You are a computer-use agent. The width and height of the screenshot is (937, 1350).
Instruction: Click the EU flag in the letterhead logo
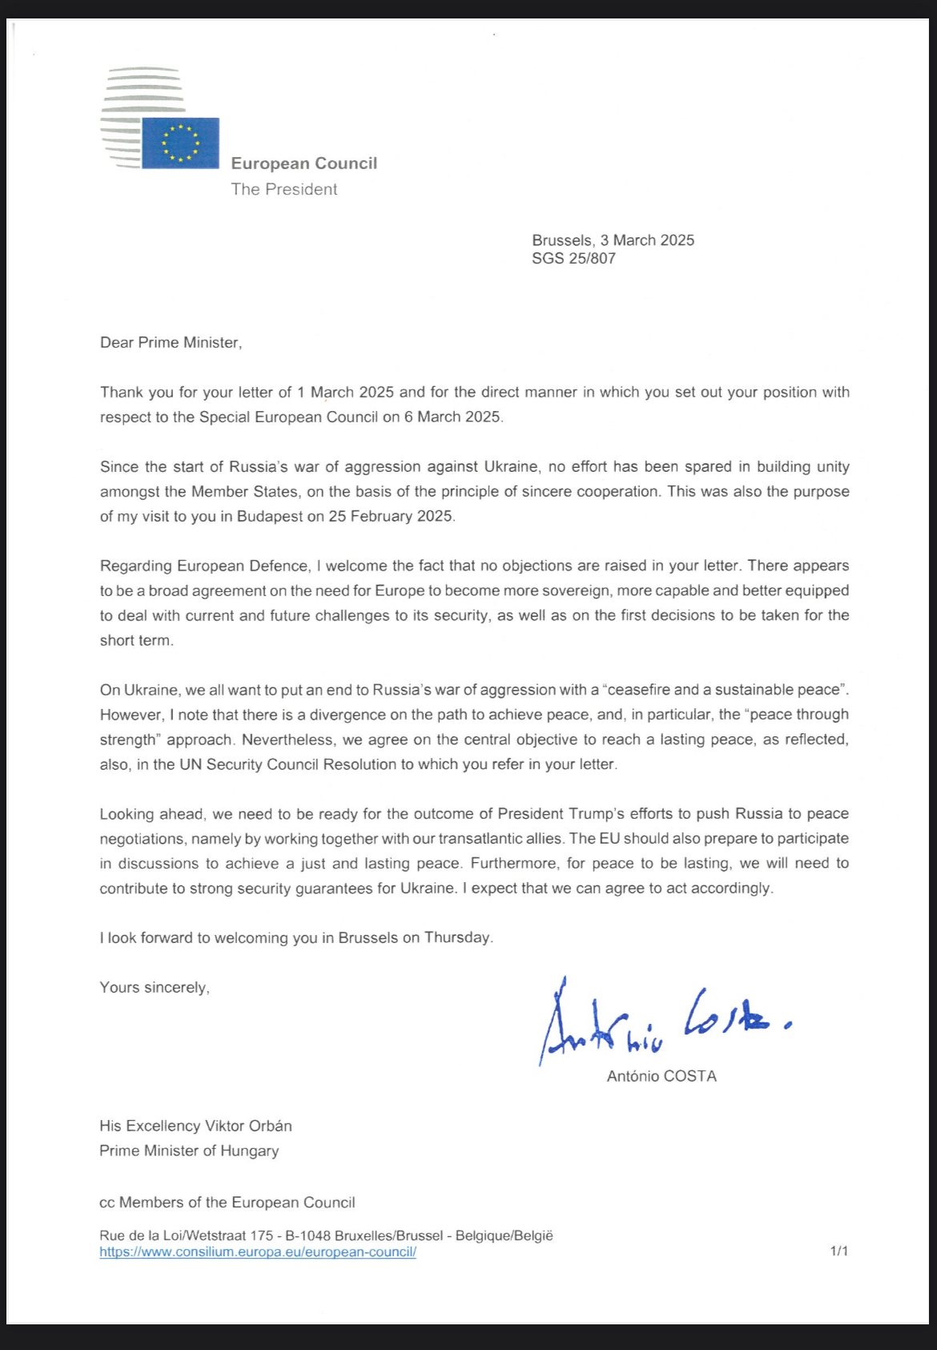point(180,143)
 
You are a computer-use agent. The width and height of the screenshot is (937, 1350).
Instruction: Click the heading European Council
point(304,163)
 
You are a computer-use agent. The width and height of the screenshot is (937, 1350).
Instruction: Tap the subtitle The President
point(284,189)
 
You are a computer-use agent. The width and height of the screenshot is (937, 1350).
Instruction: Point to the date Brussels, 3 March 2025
point(613,240)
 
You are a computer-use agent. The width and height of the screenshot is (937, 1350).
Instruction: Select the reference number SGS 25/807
point(573,259)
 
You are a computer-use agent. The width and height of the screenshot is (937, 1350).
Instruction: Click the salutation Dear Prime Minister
point(171,343)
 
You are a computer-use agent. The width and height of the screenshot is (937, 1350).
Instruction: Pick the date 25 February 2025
point(391,517)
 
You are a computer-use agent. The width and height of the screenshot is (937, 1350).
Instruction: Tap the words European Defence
point(243,566)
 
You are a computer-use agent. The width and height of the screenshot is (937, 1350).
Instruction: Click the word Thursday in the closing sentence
point(457,938)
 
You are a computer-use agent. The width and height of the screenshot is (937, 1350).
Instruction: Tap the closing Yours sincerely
point(154,988)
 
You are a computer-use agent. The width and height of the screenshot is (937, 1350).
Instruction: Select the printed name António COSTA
point(662,1076)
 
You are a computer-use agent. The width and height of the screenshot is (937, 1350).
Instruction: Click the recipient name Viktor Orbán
point(248,1126)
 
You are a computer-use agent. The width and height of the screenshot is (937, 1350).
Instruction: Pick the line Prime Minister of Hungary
point(189,1151)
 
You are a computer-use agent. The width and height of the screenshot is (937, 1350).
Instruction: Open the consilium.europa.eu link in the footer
point(258,1252)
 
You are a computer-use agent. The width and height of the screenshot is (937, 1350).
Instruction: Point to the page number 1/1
point(838,1251)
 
